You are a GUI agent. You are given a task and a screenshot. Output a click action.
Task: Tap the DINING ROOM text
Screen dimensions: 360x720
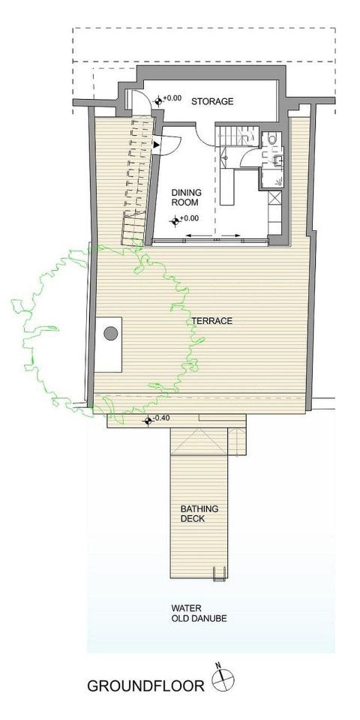187,197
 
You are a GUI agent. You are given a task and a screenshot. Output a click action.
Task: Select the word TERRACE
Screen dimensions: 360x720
212,321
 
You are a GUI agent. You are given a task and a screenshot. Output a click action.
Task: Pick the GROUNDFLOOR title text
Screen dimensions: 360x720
145,686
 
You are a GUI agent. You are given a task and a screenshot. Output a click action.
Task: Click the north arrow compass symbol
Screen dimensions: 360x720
223,679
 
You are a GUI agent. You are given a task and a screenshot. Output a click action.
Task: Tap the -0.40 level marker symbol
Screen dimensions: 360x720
148,420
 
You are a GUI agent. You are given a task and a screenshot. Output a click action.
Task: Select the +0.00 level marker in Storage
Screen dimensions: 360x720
159,100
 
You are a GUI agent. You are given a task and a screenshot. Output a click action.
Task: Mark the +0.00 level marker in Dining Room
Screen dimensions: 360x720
175,222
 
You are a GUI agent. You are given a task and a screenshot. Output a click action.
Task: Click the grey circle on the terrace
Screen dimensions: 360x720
111,333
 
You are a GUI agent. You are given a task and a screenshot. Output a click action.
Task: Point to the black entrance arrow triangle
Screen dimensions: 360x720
156,145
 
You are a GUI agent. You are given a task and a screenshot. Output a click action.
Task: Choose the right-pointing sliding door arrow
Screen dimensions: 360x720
230,236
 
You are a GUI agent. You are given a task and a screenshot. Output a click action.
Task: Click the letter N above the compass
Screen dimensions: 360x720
219,665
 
